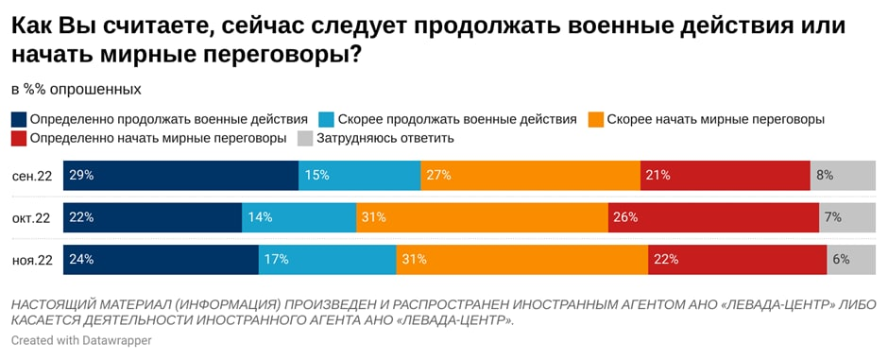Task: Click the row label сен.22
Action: pyautogui.click(x=32, y=176)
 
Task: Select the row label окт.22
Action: pyautogui.click(x=31, y=217)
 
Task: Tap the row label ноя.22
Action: pyautogui.click(x=32, y=259)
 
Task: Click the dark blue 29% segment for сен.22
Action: pyautogui.click(x=180, y=176)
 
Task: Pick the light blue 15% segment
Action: pyautogui.click(x=359, y=176)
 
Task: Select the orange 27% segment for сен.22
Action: pyautogui.click(x=530, y=176)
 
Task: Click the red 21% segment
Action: pyautogui.click(x=725, y=176)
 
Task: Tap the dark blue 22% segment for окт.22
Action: pyautogui.click(x=152, y=217)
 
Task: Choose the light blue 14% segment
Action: pyautogui.click(x=299, y=217)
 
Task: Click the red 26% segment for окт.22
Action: pyautogui.click(x=713, y=217)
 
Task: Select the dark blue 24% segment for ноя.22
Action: pyautogui.click(x=161, y=259)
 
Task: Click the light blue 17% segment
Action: pyautogui.click(x=327, y=259)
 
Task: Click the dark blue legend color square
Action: pyautogui.click(x=19, y=120)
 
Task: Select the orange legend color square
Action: pyautogui.click(x=595, y=120)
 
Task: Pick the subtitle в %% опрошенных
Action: pyautogui.click(x=77, y=89)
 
